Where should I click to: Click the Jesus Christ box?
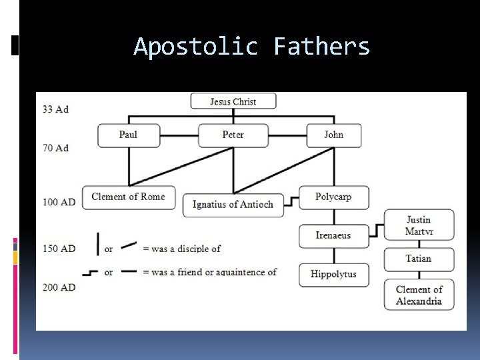pos(233,101)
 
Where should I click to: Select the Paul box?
pos(129,135)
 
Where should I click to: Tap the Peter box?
pos(233,135)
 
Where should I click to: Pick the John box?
pos(334,135)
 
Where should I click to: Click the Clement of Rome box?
pos(129,197)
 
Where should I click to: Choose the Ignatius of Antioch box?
pos(233,204)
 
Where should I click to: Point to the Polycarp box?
pos(333,197)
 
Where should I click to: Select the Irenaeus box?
pos(333,235)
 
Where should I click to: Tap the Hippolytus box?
pos(333,274)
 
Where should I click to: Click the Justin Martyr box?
pos(419,225)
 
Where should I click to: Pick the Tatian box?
pos(419,259)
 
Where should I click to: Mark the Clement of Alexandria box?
pos(419,295)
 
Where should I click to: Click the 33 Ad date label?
pos(55,109)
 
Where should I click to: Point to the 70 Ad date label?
pos(55,147)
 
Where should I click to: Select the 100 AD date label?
pos(59,201)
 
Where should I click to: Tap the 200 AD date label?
pos(59,287)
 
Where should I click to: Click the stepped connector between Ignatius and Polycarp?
pos(291,200)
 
